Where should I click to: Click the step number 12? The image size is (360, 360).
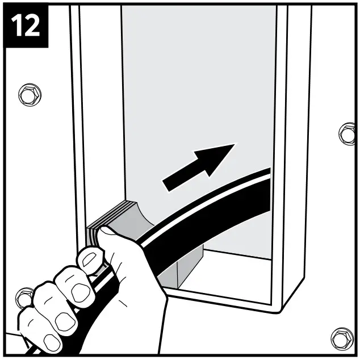point(26,25)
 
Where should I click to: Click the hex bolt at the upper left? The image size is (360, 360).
point(30,95)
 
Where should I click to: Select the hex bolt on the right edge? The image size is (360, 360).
point(347,134)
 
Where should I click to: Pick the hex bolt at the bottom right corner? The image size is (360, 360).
point(342,339)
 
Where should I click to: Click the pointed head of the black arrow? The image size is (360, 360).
point(234,144)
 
